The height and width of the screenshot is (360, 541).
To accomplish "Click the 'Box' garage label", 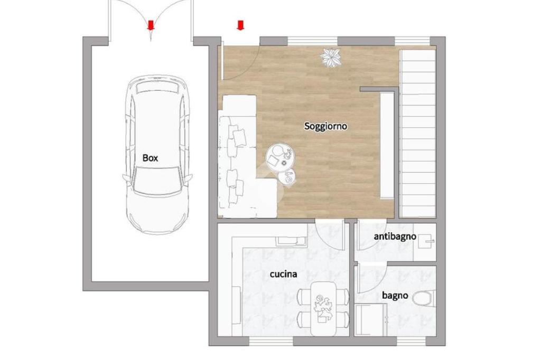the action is pyautogui.click(x=150, y=158).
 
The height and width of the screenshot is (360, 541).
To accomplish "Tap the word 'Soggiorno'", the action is pyautogui.click(x=325, y=126).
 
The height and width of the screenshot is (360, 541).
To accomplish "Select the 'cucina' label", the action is pyautogui.click(x=283, y=274).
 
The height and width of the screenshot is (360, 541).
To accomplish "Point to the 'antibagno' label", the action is pyautogui.click(x=395, y=237).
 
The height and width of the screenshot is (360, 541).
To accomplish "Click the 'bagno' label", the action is pyautogui.click(x=395, y=296).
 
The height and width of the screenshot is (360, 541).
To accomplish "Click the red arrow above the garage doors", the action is pyautogui.click(x=151, y=25).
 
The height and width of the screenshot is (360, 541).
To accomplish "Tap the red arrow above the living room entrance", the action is pyautogui.click(x=240, y=25).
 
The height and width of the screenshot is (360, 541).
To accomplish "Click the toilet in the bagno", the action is pyautogui.click(x=424, y=298).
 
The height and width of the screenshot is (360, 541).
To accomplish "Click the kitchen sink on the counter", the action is pyautogui.click(x=291, y=241).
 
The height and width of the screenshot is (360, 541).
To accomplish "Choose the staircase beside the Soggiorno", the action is pyautogui.click(x=417, y=134).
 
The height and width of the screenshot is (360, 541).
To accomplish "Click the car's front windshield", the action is pyautogui.click(x=157, y=180).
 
